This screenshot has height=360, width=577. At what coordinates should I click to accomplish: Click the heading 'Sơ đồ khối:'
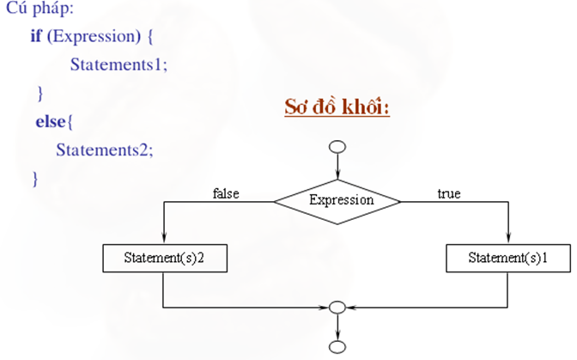(337, 109)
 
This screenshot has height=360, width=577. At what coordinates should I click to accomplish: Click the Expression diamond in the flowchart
(337, 200)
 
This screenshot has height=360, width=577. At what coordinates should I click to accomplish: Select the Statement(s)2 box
(165, 257)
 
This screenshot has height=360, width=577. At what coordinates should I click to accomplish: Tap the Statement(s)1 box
(508, 257)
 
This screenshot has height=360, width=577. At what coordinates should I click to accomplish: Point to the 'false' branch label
(226, 193)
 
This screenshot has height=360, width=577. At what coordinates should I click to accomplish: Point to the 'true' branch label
(448, 193)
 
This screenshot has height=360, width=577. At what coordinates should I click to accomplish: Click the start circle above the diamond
(337, 146)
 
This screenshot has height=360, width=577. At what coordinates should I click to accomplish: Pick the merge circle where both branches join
(337, 307)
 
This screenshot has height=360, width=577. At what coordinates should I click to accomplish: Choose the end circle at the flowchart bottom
(337, 347)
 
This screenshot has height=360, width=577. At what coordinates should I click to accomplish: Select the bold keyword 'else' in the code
(50, 122)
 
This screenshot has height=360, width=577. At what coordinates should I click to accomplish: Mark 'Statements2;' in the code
(105, 149)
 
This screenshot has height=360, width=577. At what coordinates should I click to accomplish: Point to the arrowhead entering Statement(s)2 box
(165, 240)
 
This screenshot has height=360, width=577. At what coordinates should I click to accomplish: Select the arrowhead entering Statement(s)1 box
(508, 240)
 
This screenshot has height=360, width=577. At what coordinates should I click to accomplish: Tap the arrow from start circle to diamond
(337, 165)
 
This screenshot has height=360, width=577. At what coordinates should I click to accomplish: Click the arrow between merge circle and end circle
(337, 326)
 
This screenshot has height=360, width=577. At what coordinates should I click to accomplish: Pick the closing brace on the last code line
(35, 178)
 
